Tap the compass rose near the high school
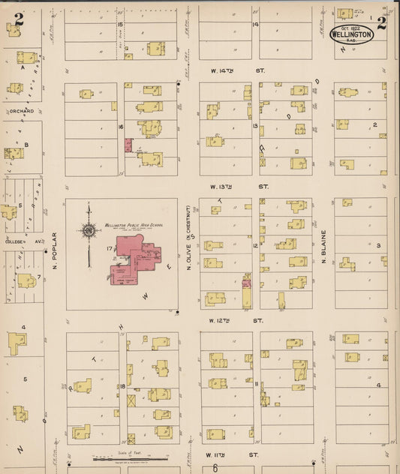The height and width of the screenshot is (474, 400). click(x=89, y=232)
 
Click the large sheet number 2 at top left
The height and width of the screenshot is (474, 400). click(x=18, y=20)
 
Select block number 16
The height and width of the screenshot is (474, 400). click(x=120, y=127)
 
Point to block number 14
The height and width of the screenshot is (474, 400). click(x=255, y=24)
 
